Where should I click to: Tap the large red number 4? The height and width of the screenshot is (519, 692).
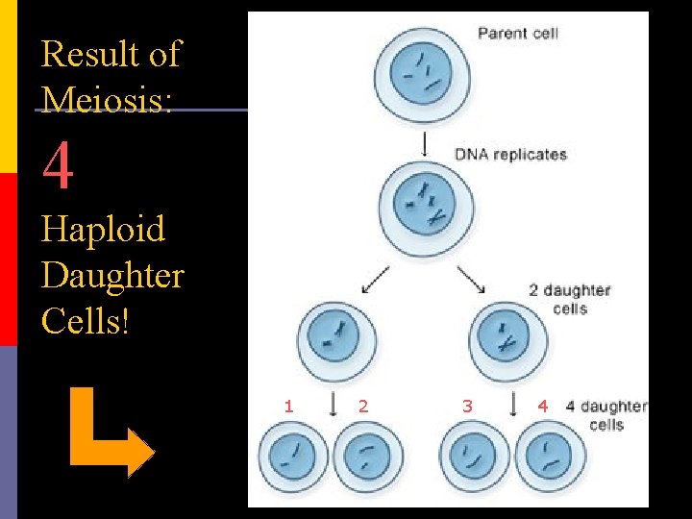(x=58, y=166)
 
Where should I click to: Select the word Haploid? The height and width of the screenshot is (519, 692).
(x=103, y=231)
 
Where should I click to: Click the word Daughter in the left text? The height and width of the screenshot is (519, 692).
(x=112, y=276)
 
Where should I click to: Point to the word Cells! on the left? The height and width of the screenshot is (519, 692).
(x=85, y=320)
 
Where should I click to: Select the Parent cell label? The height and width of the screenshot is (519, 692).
(x=518, y=34)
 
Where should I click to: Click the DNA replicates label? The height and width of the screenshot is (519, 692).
(x=510, y=154)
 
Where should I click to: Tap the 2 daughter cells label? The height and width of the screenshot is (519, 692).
(x=569, y=299)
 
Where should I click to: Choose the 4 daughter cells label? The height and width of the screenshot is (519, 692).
(x=605, y=415)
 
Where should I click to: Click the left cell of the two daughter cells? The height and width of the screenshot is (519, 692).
(x=338, y=338)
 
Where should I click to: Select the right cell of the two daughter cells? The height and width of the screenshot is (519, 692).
(x=508, y=339)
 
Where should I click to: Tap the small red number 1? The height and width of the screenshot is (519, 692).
(x=288, y=407)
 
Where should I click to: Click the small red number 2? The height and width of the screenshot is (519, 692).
(x=362, y=407)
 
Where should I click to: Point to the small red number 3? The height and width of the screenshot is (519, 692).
(x=467, y=407)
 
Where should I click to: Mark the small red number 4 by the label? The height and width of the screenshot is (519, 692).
(x=543, y=407)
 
